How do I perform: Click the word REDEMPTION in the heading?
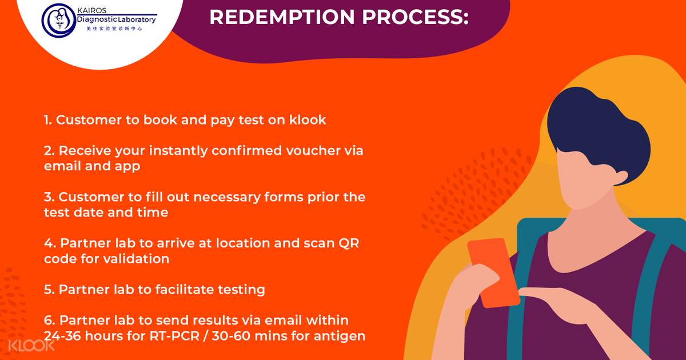pos(282,17)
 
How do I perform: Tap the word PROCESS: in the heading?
pos(416,17)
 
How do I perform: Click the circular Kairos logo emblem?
pos(59,21)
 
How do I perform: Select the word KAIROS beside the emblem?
pos(91,10)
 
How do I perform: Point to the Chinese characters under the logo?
pos(114,29)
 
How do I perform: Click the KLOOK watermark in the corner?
pos(31,346)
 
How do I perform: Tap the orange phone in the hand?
pos(493,273)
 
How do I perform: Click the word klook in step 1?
pos(308,119)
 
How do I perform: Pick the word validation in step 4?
pos(136,259)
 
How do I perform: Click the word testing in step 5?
pos(241,290)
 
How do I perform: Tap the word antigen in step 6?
pos(340,337)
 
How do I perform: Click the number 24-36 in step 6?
pos(62,336)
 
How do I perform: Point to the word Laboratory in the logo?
pos(137,20)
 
